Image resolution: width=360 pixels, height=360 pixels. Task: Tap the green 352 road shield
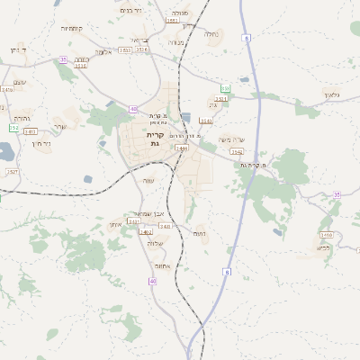click(13, 129)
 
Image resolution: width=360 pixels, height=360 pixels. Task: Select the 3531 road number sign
click(220, 99)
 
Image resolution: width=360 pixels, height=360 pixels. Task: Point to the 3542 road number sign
click(236, 152)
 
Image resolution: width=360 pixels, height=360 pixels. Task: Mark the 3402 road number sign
click(146, 232)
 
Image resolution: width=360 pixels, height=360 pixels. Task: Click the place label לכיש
click(325, 247)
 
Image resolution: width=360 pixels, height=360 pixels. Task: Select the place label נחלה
click(211, 34)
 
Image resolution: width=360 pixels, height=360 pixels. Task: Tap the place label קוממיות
click(72, 29)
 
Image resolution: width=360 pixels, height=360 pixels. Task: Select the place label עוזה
click(148, 180)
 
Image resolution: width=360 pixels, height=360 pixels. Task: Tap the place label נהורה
click(22, 118)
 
